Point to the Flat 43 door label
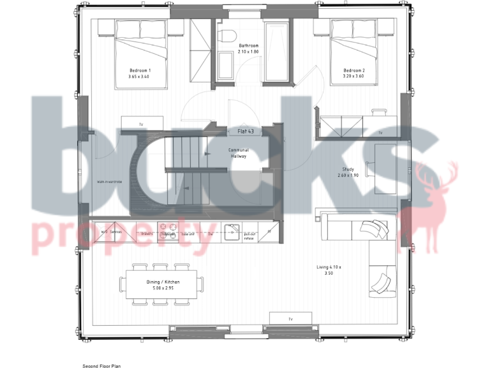click(x=246, y=131)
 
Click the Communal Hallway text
click(x=239, y=153)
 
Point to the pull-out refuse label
click(x=249, y=236)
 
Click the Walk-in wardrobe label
click(x=110, y=181)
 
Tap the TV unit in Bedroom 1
click(x=141, y=124)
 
